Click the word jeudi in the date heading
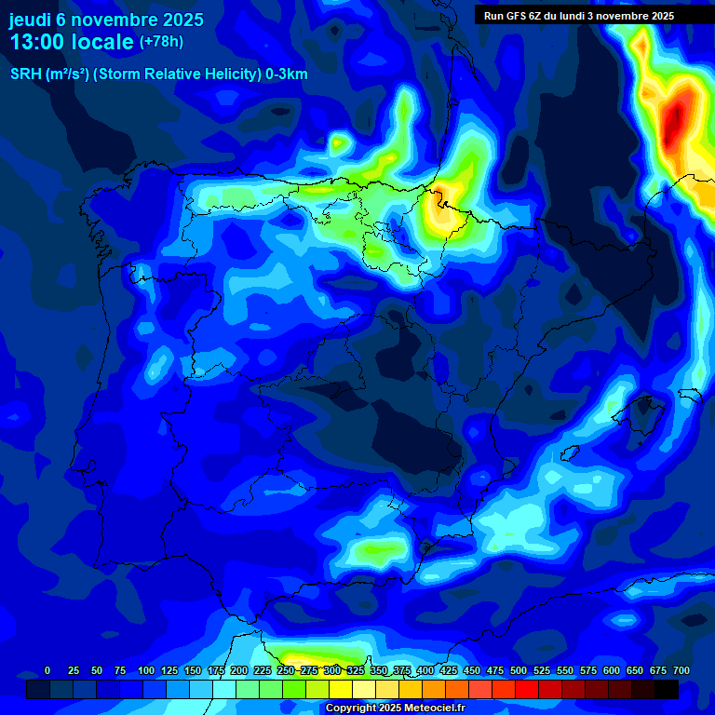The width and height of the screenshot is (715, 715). pos(32,20)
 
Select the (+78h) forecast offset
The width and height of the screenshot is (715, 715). pos(161,42)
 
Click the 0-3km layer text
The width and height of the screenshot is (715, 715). pos(286,74)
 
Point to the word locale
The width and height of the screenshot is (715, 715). pos(102,42)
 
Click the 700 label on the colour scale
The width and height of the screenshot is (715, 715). pos(681,671)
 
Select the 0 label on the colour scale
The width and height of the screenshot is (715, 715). pos(47,671)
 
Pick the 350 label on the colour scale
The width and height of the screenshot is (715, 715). pos(379,671)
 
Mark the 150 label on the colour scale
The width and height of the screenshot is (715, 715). pos(193,671)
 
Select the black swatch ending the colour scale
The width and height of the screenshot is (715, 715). pos(667,689)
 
